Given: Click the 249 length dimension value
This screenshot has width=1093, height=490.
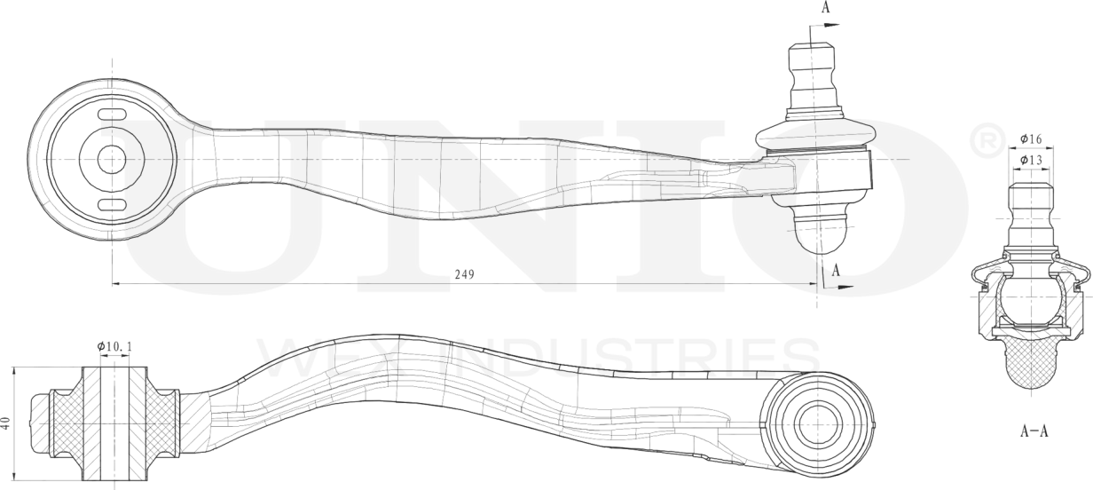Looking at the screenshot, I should point(463,274).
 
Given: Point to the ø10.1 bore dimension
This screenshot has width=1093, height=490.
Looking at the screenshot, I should point(114,345).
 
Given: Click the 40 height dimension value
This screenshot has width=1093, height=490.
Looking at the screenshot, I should point(7,424).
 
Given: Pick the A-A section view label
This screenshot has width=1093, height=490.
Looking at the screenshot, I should point(1034,432).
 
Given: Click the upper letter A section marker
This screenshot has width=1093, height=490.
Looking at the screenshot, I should point(826,7).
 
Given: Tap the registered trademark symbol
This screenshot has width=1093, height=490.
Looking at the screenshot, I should point(988,139).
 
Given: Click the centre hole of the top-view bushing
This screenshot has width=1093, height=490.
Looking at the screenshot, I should point(112,160).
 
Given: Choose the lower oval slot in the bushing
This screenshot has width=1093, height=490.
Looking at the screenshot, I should point(113,206).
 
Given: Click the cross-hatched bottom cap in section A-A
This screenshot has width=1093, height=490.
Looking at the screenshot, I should point(1029,364).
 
